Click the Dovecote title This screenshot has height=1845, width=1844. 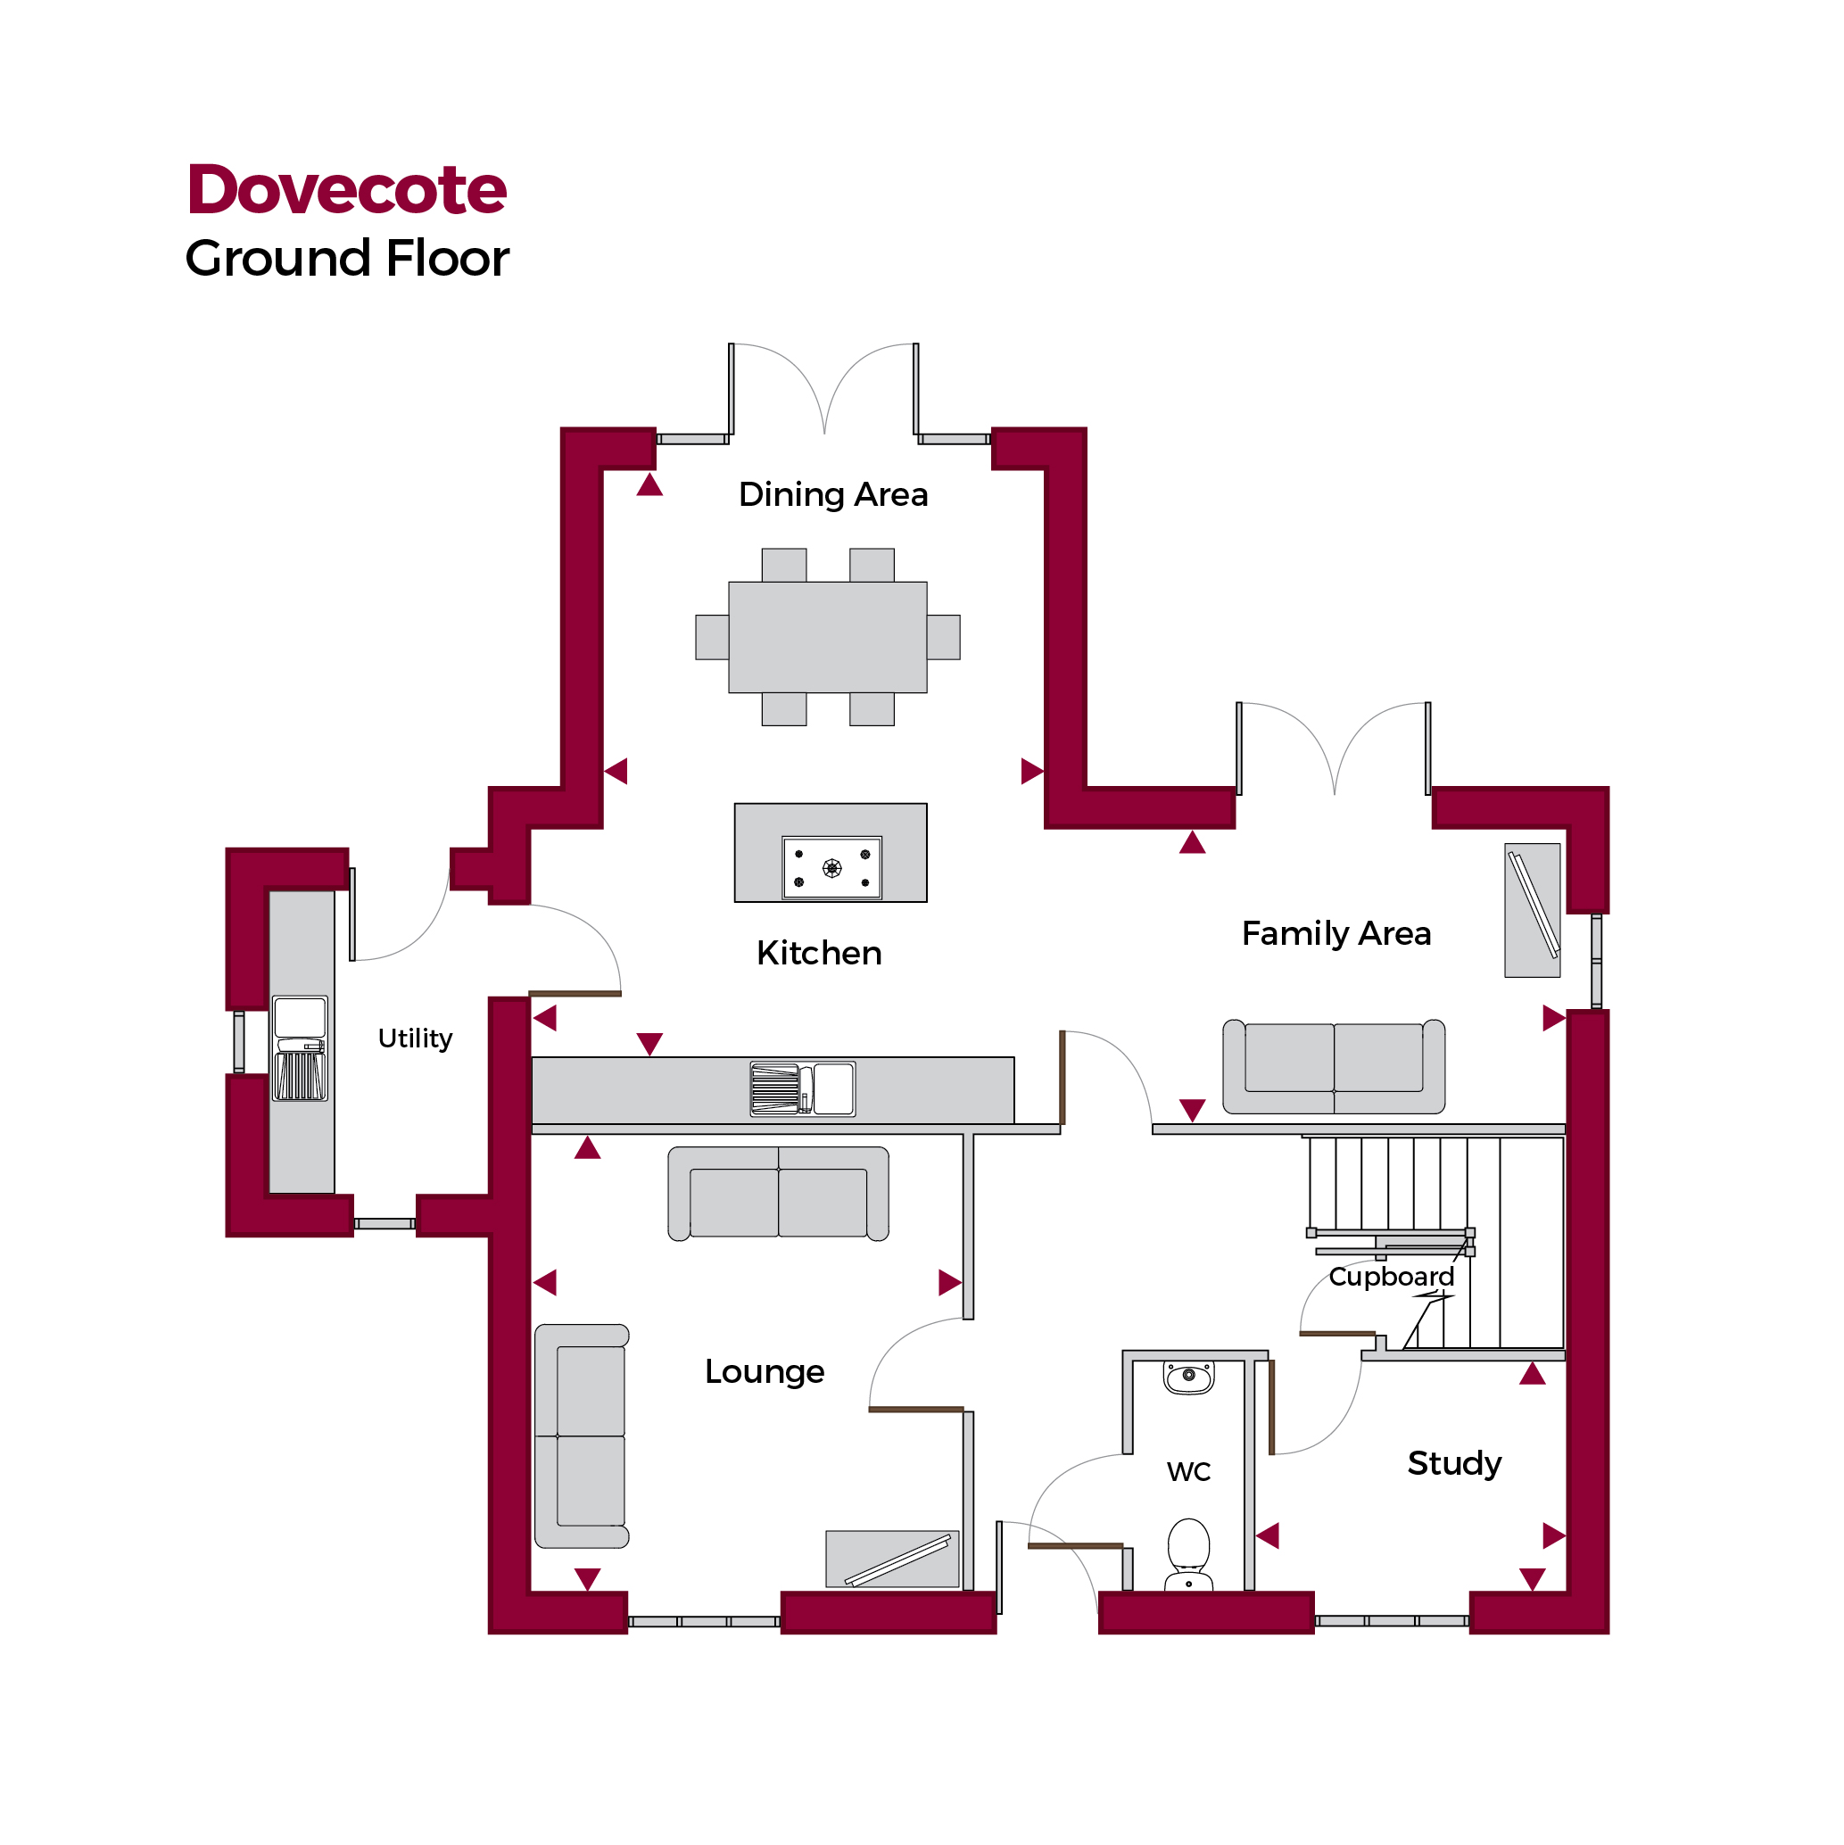pos(347,189)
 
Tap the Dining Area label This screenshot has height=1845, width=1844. pos(832,494)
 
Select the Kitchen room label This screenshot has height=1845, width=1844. pos(818,953)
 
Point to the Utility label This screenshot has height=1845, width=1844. pos(415,1038)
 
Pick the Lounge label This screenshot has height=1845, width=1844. pos(764,1371)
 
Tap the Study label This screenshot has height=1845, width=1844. pos(1453,1463)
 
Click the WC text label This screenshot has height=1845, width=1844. pos(1188,1471)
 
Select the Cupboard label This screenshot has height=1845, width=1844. pos(1391,1277)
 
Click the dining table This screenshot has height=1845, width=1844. pos(827,637)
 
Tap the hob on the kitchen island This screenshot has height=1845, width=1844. pos(831,868)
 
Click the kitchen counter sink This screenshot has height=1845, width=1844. pos(802,1089)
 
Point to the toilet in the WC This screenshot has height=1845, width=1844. pos(1188,1555)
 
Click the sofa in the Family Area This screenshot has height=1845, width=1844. pos(1333,1067)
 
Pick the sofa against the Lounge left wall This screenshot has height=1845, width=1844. pos(582,1436)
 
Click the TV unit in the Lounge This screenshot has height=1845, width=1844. pos(892,1560)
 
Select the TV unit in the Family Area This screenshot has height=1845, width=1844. pos(1532,910)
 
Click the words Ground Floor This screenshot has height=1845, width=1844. pos(347,259)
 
